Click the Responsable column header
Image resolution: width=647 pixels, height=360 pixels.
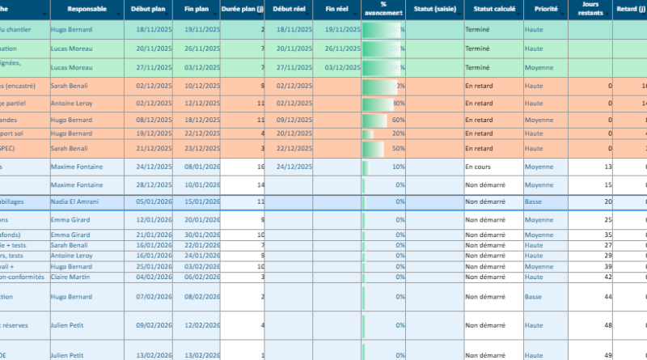pyautogui.click(x=86, y=10)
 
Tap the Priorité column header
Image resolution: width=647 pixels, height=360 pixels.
pyautogui.click(x=540, y=10)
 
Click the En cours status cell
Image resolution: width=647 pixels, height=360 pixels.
pyautogui.click(x=478, y=167)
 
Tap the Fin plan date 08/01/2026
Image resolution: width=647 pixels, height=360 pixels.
pyautogui.click(x=201, y=167)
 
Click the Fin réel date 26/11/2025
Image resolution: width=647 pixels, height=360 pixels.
pyautogui.click(x=342, y=48)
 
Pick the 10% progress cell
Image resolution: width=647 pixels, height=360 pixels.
pyautogui.click(x=383, y=167)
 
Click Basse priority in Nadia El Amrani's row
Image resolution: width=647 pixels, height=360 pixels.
pyautogui.click(x=533, y=201)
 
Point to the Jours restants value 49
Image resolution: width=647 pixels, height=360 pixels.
pyautogui.click(x=607, y=354)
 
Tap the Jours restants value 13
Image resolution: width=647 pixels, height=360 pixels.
pyautogui.click(x=607, y=167)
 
